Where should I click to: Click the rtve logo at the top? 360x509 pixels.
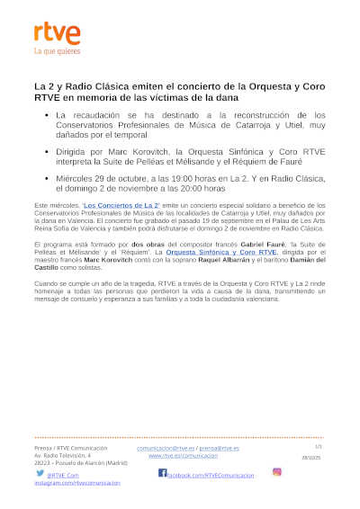click(57, 33)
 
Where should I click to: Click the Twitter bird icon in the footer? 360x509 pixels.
click(40, 473)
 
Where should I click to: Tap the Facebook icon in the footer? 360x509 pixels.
click(163, 473)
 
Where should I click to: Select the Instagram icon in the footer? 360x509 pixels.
click(277, 472)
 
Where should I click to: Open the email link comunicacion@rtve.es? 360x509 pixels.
click(166, 448)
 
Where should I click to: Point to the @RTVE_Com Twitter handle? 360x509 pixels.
click(63, 474)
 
